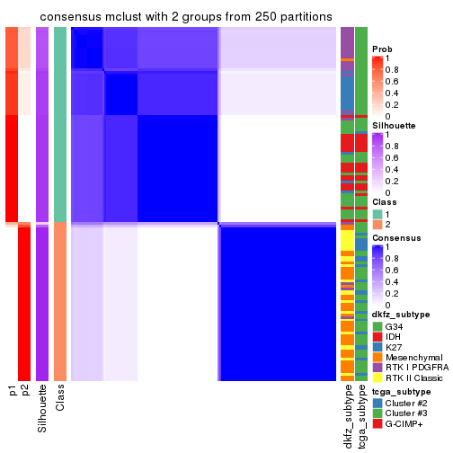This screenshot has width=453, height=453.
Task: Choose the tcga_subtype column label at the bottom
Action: point(361,416)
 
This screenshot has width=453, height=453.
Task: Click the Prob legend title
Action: point(382,49)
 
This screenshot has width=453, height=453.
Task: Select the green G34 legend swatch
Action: point(377,325)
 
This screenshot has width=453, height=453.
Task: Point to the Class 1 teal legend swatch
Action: point(377,213)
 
